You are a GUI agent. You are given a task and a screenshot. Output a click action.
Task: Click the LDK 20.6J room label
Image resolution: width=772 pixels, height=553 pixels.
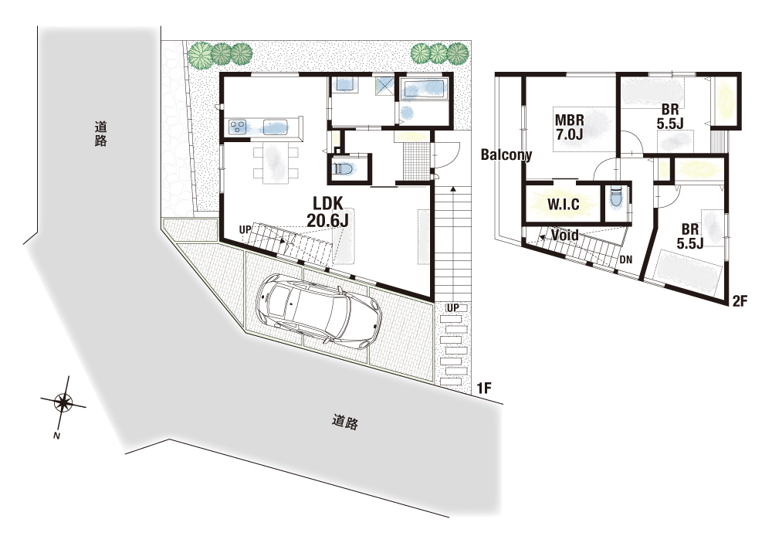tap(327, 212)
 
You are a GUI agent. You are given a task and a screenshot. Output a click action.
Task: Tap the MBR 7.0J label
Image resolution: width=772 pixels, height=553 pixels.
tap(570, 127)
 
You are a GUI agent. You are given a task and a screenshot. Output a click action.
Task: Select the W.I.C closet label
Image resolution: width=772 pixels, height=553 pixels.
tap(564, 204)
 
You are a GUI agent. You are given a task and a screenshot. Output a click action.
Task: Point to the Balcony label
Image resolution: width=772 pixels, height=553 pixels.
tap(506, 154)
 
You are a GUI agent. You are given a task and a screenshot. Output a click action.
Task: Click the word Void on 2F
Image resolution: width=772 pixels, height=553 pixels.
tap(565, 235)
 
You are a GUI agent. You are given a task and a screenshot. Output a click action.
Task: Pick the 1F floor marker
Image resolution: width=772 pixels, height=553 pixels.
tap(484, 388)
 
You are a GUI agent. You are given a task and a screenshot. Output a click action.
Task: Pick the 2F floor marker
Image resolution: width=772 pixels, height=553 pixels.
tap(740, 300)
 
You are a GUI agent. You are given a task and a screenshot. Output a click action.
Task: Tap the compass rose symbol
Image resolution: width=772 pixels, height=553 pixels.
tap(63, 403)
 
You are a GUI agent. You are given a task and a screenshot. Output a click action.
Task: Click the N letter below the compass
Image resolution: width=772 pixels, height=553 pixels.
tap(56, 436)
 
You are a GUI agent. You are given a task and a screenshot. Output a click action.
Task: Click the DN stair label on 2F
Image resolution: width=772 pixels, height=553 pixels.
tap(626, 260)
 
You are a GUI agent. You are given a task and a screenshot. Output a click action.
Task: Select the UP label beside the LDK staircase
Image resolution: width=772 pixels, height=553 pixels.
tap(245, 229)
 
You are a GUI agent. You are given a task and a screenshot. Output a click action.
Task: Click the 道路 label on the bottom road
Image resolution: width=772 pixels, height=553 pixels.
tap(344, 422)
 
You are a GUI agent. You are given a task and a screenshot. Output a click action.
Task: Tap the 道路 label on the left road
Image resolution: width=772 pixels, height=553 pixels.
tap(101, 134)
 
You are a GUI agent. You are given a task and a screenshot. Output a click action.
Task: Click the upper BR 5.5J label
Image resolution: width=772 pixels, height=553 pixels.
tap(670, 116)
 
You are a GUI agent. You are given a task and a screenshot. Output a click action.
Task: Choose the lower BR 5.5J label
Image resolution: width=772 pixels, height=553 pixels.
tap(689, 236)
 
